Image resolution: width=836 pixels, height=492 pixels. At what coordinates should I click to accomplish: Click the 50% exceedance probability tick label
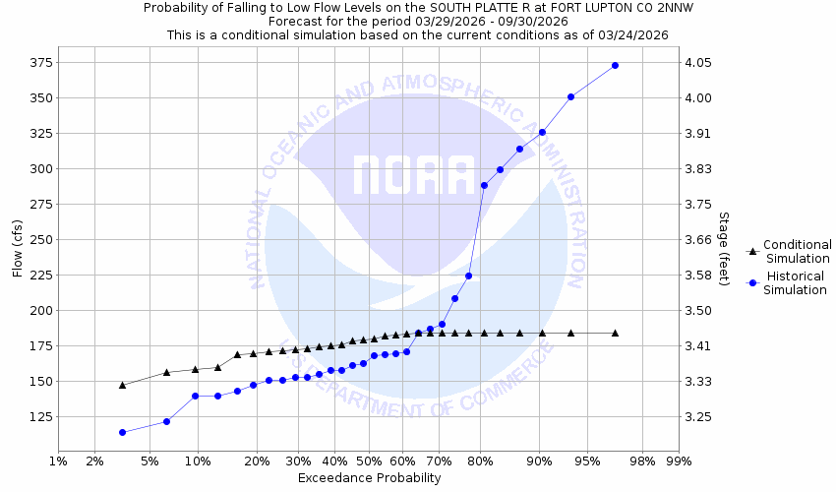click(x=369, y=461)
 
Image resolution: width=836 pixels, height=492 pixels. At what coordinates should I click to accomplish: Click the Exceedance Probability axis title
click(x=369, y=478)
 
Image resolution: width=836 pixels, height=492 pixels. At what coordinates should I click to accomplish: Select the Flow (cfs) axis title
click(x=17, y=249)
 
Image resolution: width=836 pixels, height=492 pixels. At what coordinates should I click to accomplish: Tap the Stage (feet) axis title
click(x=724, y=248)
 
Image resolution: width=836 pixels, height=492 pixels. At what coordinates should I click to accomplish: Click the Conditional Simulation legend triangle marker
click(x=752, y=252)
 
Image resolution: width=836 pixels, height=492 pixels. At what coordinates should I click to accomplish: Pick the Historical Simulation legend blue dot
click(x=752, y=283)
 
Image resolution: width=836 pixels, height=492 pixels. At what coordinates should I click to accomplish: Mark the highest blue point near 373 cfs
click(x=615, y=65)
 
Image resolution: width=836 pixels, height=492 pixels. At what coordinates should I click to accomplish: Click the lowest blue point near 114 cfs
click(x=122, y=432)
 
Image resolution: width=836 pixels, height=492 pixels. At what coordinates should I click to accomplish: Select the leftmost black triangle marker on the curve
click(x=122, y=385)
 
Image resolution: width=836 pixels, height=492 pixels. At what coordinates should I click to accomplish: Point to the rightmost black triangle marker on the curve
click(x=615, y=333)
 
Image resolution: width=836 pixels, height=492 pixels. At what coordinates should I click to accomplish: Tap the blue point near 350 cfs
click(x=570, y=96)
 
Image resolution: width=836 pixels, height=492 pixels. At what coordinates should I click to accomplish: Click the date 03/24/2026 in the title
click(x=633, y=34)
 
